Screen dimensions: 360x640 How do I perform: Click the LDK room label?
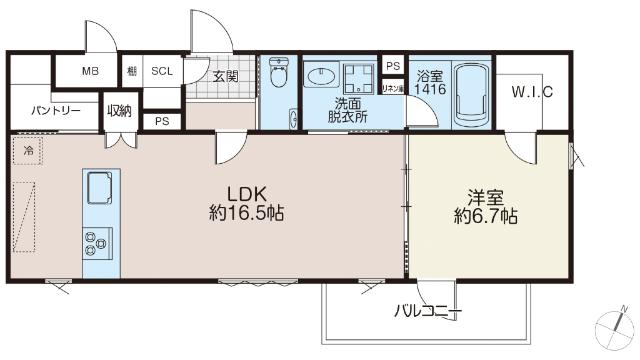(245, 192)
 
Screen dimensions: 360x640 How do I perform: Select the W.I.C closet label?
(532, 93)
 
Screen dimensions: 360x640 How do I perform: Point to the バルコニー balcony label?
(426, 313)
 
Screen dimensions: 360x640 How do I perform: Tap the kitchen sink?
(99, 186)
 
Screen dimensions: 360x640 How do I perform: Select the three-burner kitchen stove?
(97, 241)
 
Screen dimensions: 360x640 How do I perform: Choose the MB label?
(90, 71)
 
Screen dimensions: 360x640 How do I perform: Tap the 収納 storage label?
(119, 110)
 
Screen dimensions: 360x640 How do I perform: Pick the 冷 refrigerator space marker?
(27, 151)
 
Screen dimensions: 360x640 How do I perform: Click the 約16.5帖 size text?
(244, 213)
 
